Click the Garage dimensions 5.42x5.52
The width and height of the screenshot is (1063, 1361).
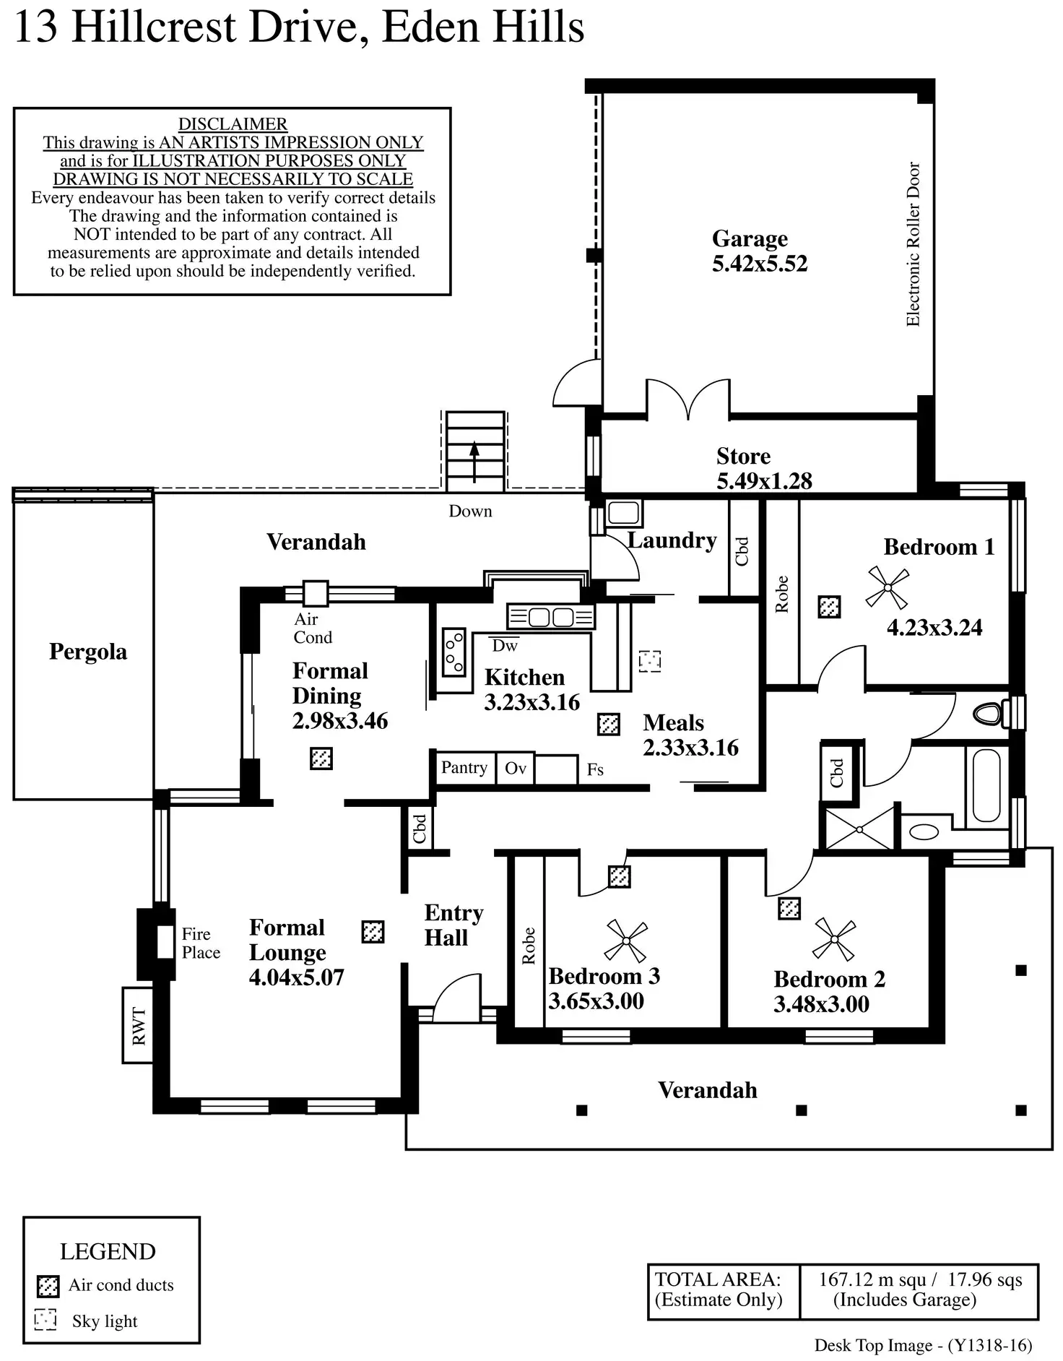[x=760, y=264]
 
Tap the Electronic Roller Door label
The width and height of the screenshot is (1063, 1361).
[x=913, y=244]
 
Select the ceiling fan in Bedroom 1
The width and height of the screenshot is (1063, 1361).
[x=887, y=587]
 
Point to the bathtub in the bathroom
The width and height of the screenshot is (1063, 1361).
[x=986, y=785]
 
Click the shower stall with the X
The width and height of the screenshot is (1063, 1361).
[x=859, y=829]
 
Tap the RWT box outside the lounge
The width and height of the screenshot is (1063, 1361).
[x=138, y=1025]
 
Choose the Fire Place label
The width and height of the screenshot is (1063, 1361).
[x=201, y=943]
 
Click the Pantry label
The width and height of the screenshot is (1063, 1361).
[x=464, y=767]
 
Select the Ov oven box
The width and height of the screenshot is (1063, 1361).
[x=516, y=769]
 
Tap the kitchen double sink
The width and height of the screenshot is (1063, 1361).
[x=551, y=618]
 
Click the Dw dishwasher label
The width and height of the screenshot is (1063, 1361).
[x=505, y=646]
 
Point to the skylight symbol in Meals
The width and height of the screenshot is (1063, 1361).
[x=650, y=661]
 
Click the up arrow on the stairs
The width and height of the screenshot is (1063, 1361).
[x=474, y=461]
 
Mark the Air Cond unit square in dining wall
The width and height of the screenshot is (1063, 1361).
[x=315, y=593]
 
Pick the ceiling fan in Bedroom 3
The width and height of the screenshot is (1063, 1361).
[x=625, y=941]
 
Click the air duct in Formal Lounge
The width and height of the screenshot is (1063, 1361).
[x=373, y=932]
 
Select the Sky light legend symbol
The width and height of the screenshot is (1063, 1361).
[x=45, y=1320]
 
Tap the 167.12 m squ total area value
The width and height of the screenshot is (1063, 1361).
[x=872, y=1280]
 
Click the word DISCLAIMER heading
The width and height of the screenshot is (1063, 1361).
[x=233, y=124]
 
